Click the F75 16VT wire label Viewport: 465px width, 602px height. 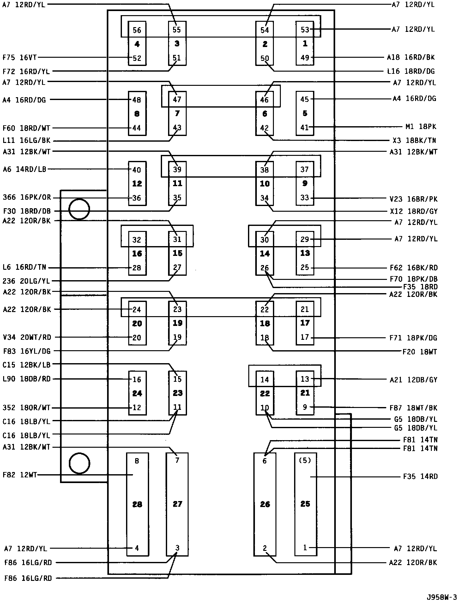pyautogui.click(x=20, y=57)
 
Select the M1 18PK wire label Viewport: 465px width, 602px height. pyautogui.click(x=420, y=127)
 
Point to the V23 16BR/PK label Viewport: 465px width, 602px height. pyautogui.click(x=414, y=199)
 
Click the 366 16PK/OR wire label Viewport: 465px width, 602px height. pyautogui.click(x=27, y=198)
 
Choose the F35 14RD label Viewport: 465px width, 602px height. pyautogui.click(x=420, y=476)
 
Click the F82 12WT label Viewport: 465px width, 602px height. pyautogui.click(x=20, y=475)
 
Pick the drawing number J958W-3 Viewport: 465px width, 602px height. pyautogui.click(x=442, y=597)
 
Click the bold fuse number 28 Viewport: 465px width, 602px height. pyautogui.click(x=137, y=504)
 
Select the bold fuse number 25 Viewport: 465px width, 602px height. pyautogui.click(x=305, y=504)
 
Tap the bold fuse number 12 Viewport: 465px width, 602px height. pyautogui.click(x=137, y=183)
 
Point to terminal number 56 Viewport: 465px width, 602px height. pyautogui.click(x=137, y=30)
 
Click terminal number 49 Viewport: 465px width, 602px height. pyautogui.click(x=305, y=58)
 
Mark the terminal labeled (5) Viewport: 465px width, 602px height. pyautogui.click(x=305, y=461)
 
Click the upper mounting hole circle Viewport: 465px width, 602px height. pyautogui.click(x=79, y=209)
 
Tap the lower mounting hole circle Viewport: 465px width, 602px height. pyautogui.click(x=79, y=463)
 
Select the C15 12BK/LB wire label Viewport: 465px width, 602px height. pyautogui.click(x=27, y=365)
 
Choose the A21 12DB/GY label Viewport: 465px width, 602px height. pyautogui.click(x=414, y=380)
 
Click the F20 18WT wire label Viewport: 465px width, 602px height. pyautogui.click(x=420, y=352)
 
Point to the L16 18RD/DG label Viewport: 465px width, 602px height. pyautogui.click(x=411, y=71)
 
